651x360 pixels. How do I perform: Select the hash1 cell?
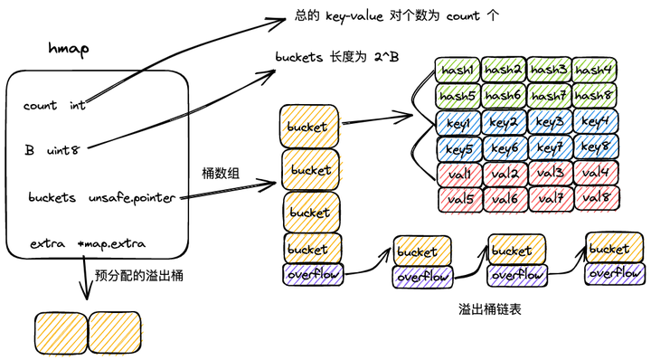click(458, 70)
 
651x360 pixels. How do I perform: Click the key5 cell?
click(460, 147)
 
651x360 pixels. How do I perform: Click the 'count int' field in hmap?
click(54, 106)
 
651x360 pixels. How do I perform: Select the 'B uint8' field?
click(52, 150)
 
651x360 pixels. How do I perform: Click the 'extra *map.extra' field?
click(86, 244)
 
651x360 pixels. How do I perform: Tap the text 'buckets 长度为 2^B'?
click(336, 57)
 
